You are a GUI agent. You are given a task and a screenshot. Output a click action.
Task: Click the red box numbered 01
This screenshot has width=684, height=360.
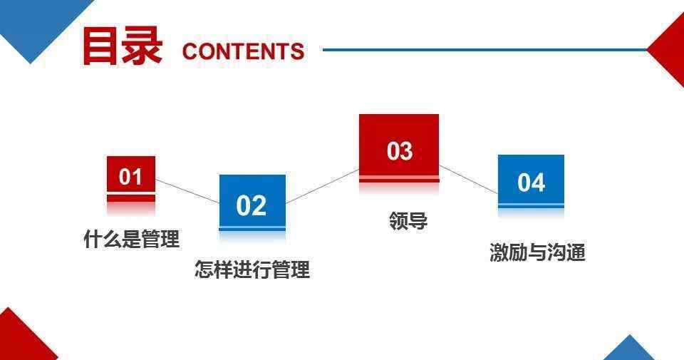pyautogui.click(x=131, y=179)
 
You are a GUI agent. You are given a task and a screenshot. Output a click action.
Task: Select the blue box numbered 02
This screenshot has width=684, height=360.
pyautogui.click(x=252, y=203)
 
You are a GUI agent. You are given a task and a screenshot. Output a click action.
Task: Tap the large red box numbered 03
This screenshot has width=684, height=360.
pyautogui.click(x=399, y=148)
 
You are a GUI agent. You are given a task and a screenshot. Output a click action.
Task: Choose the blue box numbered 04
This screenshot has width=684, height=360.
pyautogui.click(x=532, y=181)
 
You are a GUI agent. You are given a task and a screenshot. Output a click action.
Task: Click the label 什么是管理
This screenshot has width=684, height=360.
pyautogui.click(x=131, y=239)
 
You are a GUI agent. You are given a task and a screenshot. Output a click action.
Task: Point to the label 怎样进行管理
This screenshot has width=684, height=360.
pyautogui.click(x=252, y=269)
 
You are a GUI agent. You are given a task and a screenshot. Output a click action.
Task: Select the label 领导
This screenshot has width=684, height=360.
pyautogui.click(x=408, y=220)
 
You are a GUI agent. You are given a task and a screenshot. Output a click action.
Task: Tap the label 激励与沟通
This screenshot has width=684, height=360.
pyautogui.click(x=537, y=252)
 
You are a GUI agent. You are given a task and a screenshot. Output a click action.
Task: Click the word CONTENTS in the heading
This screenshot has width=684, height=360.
pyautogui.click(x=243, y=51)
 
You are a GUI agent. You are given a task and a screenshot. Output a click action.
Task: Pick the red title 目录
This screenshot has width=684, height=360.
pyautogui.click(x=123, y=46)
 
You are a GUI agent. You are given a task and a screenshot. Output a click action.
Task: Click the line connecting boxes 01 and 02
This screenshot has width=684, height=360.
pyautogui.click(x=187, y=191)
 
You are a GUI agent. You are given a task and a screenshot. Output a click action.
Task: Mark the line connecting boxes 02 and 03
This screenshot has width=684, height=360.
pyautogui.click(x=322, y=186)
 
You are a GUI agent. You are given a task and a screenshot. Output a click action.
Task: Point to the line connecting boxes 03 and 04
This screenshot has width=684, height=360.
pyautogui.click(x=469, y=180)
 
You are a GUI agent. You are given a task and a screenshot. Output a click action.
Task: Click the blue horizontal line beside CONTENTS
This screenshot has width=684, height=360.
pyautogui.click(x=484, y=50)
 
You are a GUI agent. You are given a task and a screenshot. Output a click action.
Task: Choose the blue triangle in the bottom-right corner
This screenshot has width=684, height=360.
pyautogui.click(x=629, y=349)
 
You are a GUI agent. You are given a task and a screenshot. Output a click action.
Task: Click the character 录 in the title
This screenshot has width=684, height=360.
pyautogui.click(x=142, y=46)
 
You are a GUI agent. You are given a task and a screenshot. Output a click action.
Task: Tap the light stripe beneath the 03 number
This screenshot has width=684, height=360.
pyautogui.click(x=399, y=178)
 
